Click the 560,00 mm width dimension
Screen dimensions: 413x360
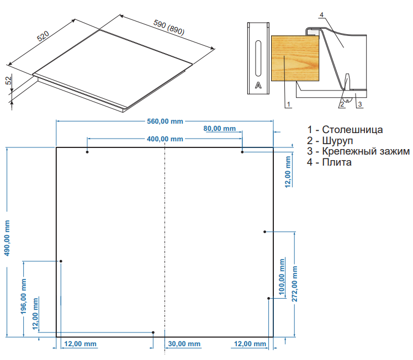(x=165, y=121)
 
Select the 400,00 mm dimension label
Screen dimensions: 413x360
(x=165, y=139)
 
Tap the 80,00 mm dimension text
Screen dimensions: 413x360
(x=219, y=129)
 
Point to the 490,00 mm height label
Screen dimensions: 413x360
(x=7, y=238)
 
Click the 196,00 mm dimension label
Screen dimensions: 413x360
(x=24, y=297)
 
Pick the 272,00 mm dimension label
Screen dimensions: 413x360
(x=294, y=284)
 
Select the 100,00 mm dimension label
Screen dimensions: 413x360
(x=282, y=277)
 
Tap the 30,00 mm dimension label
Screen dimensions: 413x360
(x=184, y=344)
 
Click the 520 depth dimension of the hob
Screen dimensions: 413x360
(x=43, y=36)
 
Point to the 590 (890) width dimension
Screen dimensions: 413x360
(x=169, y=28)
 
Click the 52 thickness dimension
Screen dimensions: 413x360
(x=9, y=80)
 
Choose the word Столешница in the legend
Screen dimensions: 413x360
(x=352, y=130)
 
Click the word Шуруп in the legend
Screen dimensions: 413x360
(x=337, y=141)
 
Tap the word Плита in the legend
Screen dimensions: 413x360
(x=337, y=162)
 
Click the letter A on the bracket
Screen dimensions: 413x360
(x=258, y=86)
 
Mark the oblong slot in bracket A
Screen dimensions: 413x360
(x=258, y=58)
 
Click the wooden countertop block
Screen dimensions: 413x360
(x=295, y=58)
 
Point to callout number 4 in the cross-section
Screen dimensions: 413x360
(x=321, y=15)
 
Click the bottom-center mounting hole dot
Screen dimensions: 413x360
(x=153, y=332)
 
